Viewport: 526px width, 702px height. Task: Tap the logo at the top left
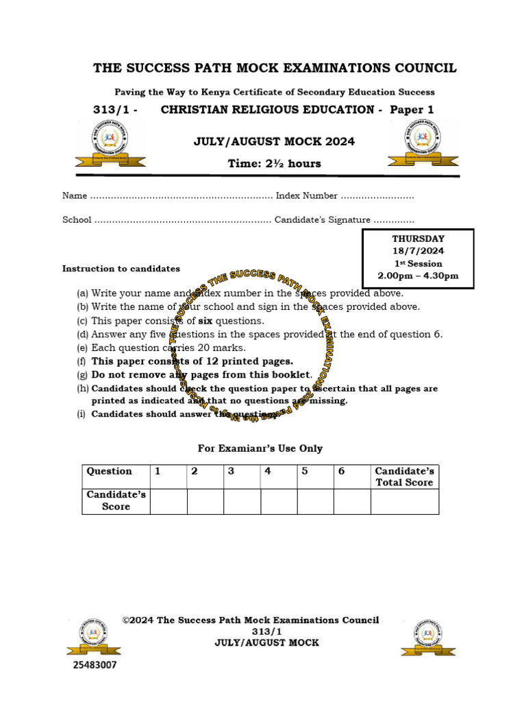click(110, 143)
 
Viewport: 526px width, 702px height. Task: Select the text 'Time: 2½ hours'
click(274, 163)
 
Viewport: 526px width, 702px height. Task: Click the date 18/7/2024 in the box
click(418, 251)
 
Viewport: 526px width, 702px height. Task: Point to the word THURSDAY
click(418, 239)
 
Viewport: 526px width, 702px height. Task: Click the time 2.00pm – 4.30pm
click(418, 276)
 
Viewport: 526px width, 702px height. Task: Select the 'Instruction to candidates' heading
click(121, 269)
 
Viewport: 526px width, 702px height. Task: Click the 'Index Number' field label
click(306, 196)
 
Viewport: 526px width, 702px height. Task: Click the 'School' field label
click(77, 220)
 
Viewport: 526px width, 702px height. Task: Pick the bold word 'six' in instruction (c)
click(205, 321)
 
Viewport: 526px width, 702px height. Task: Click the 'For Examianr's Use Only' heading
click(260, 448)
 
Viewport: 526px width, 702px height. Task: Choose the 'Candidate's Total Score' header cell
click(404, 476)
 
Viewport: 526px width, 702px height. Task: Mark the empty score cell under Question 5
click(315, 501)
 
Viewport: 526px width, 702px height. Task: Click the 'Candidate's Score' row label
click(116, 501)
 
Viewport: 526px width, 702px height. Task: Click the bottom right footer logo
click(429, 638)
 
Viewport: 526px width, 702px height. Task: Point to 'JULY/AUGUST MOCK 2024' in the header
click(274, 142)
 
